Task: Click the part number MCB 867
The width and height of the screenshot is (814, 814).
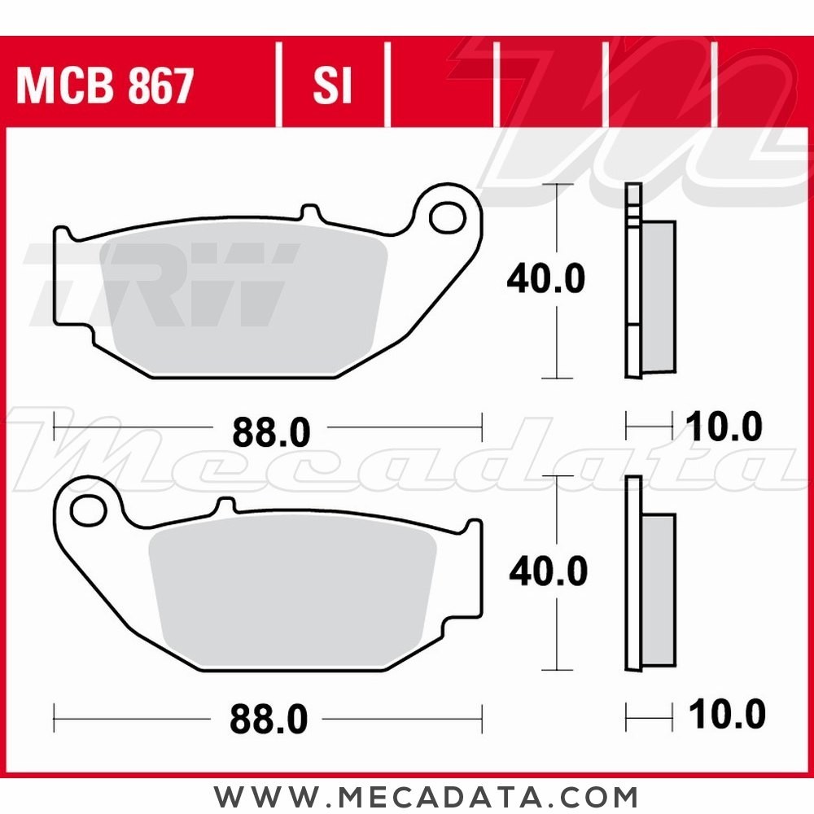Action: pos(105,85)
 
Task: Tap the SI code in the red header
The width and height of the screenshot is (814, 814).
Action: pos(332,85)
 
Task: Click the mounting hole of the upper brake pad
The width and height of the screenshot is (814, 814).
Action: pos(447,217)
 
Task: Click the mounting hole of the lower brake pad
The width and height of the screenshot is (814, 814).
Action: pos(89,510)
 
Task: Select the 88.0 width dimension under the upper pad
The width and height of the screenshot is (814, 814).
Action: pos(271,432)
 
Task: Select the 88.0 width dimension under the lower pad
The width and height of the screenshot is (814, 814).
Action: pos(269,719)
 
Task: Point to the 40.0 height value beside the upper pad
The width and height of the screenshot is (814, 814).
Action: pos(546,278)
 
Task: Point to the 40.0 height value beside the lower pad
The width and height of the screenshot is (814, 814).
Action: pos(548,571)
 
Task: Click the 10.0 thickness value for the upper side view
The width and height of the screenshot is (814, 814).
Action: pos(724,427)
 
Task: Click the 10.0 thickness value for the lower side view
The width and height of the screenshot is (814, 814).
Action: pos(727,714)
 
